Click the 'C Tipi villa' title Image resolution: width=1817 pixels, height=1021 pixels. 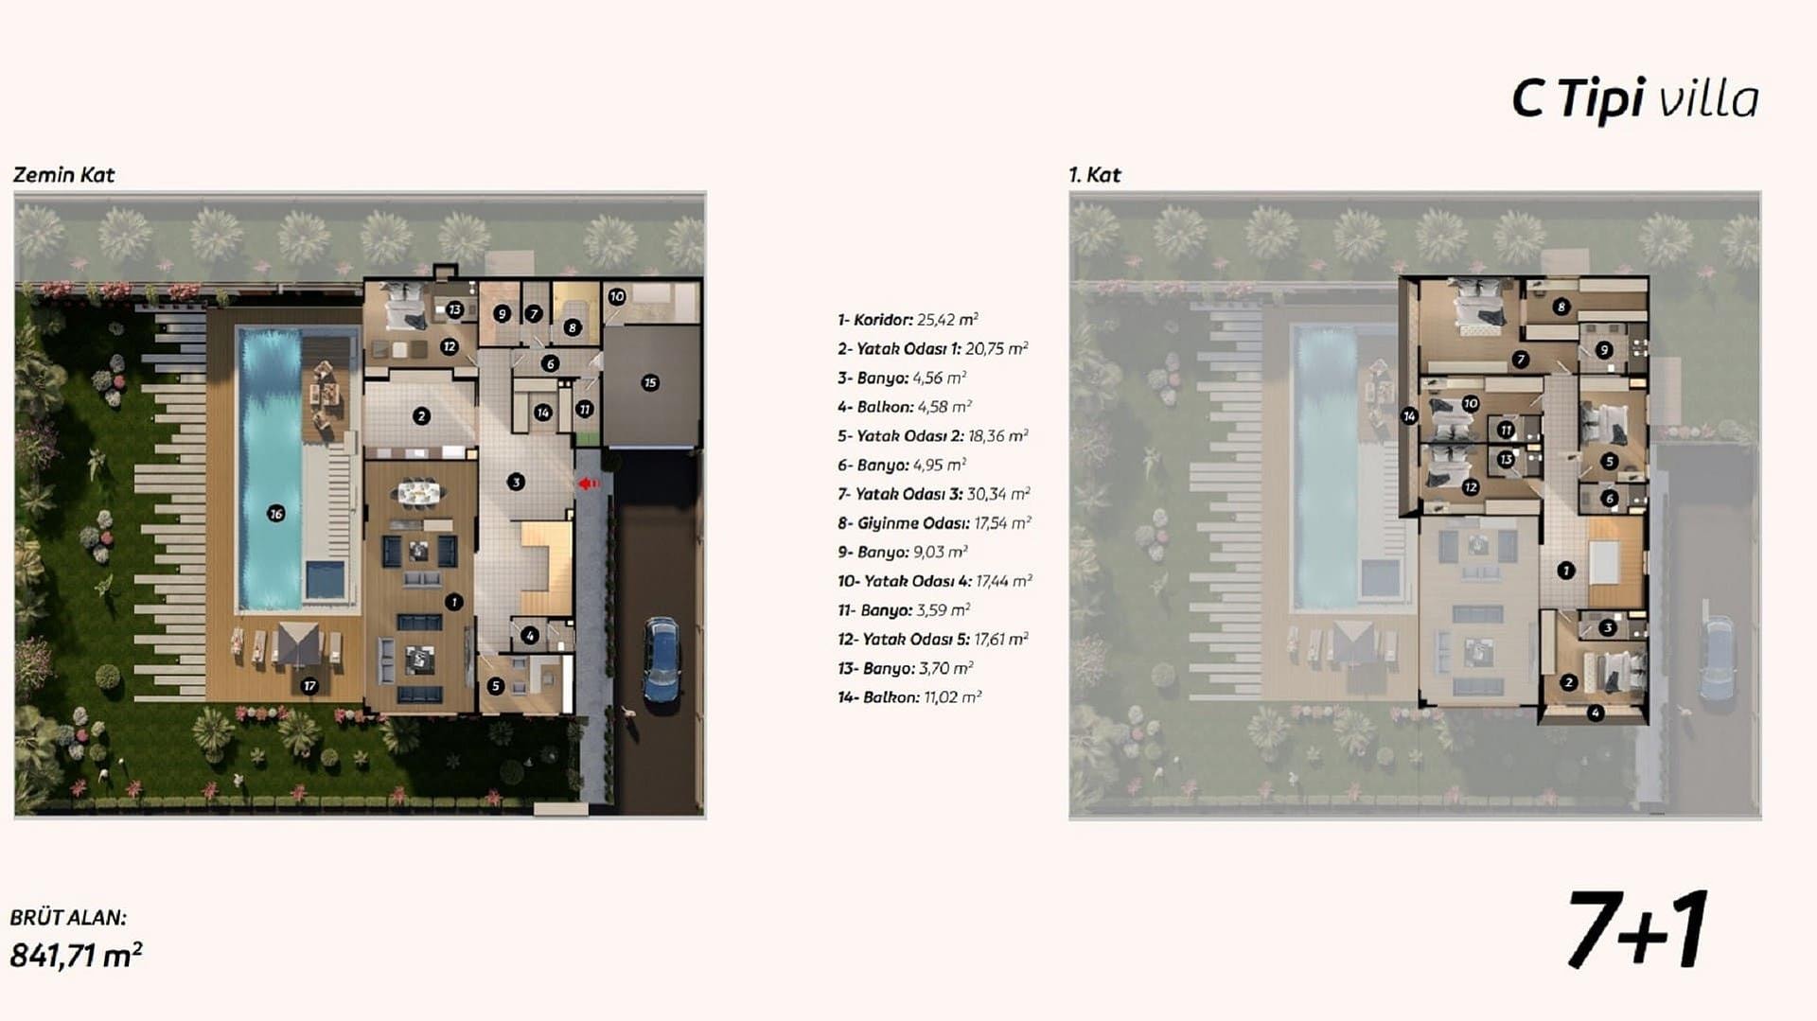(x=1635, y=98)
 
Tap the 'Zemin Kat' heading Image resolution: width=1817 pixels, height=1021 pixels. (x=63, y=175)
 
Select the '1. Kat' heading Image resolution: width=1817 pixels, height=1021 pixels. (x=1094, y=175)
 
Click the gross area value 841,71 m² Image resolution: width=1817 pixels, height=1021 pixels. (x=76, y=955)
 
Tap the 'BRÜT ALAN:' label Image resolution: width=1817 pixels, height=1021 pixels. (x=68, y=917)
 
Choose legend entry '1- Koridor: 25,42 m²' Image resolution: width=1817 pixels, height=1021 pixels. (x=908, y=320)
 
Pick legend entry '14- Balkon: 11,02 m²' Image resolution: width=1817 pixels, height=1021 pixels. (x=909, y=697)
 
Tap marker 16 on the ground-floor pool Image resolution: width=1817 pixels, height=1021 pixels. (x=275, y=514)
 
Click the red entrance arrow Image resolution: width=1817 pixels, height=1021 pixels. (x=589, y=484)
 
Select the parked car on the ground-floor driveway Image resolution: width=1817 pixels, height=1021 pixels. (x=662, y=660)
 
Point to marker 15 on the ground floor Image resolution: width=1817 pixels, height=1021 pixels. (x=649, y=383)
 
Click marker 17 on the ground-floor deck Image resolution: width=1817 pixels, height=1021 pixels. (x=309, y=686)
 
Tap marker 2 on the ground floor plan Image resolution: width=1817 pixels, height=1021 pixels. (x=421, y=415)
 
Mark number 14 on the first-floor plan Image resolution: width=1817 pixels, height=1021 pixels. (x=1409, y=415)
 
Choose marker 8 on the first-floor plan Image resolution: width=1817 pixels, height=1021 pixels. (x=1561, y=307)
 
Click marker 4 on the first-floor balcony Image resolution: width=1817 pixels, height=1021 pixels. (x=1596, y=713)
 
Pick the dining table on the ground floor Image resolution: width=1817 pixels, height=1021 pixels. (x=419, y=492)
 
